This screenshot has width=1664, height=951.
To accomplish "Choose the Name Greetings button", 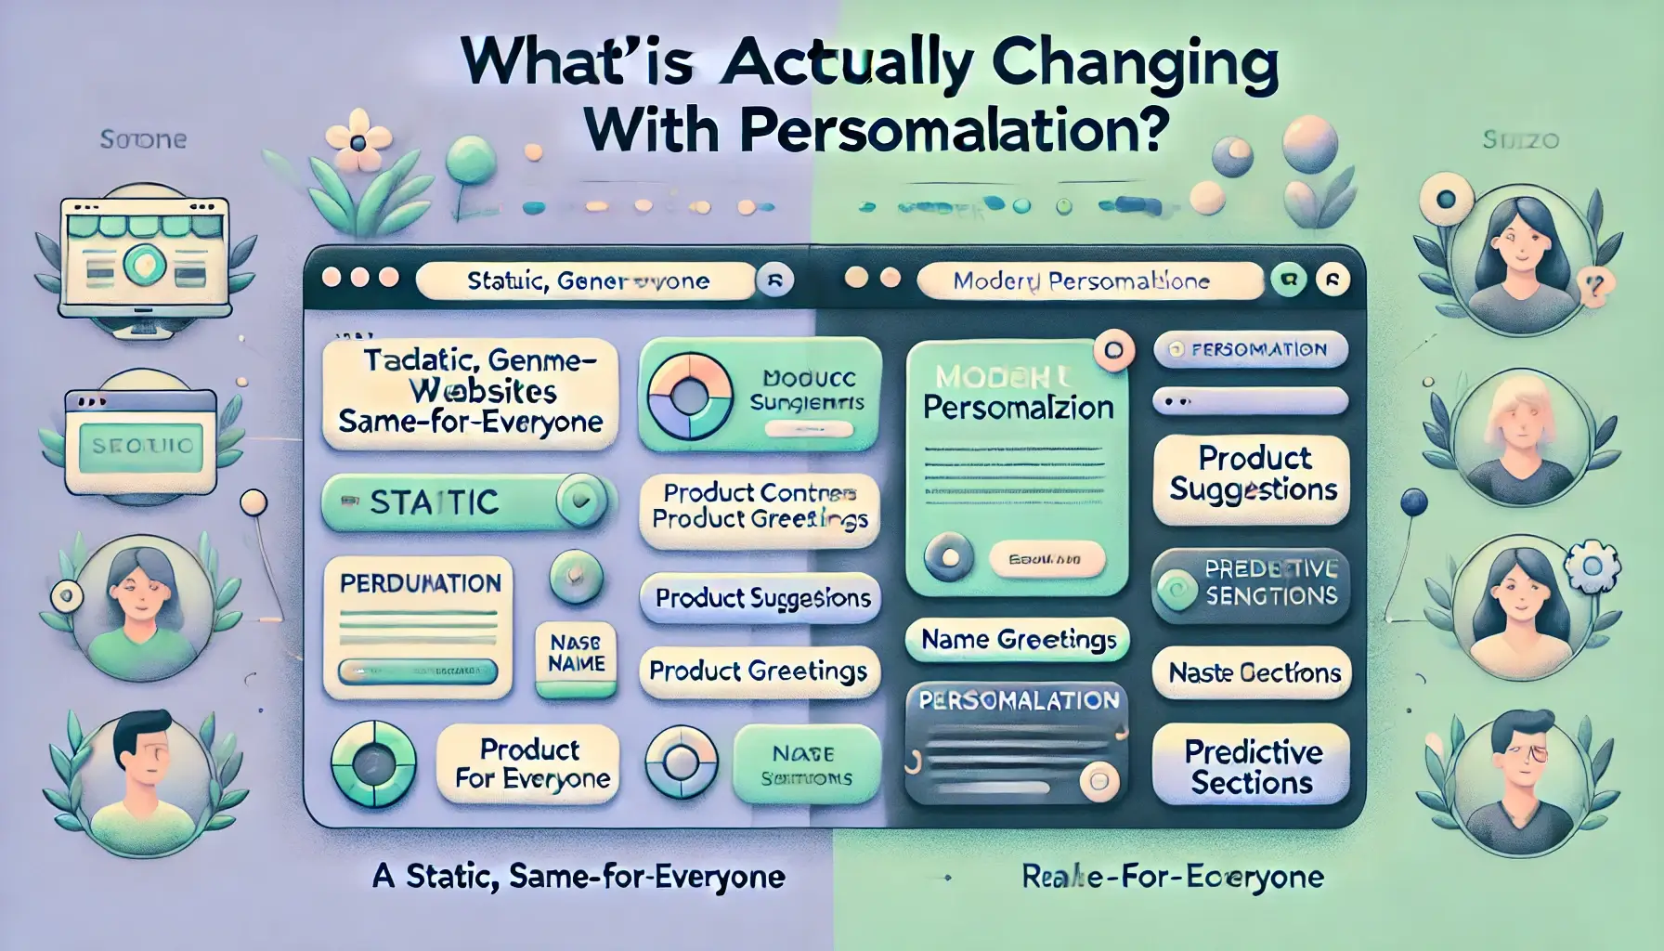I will point(1018,640).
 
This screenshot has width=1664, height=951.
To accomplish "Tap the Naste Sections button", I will point(1253,672).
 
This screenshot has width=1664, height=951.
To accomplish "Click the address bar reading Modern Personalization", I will point(1087,280).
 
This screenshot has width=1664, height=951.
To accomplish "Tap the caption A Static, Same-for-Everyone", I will point(578,876).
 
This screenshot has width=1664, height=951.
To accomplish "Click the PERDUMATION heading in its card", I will point(420,583).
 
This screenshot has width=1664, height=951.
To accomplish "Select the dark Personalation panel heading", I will point(1018,700).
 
